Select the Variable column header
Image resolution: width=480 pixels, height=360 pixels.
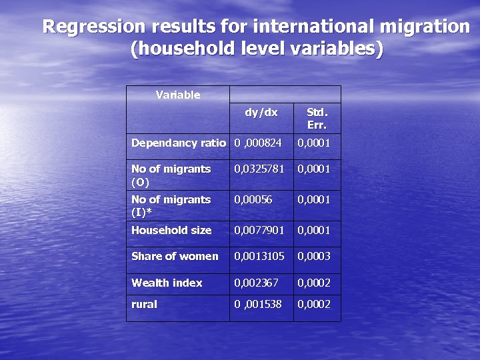click(178, 95)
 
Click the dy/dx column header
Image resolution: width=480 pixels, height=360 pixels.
click(261, 112)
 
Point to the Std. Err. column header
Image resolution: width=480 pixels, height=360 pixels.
click(317, 118)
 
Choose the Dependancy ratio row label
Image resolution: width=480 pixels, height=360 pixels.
click(178, 143)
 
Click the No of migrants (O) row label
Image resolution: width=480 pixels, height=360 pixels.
click(171, 175)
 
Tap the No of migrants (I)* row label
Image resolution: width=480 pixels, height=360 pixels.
click(171, 205)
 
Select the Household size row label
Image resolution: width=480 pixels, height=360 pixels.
click(171, 230)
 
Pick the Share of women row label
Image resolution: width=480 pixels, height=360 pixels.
click(175, 256)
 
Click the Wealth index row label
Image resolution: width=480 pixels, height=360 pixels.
click(167, 283)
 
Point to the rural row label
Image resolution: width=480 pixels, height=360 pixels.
click(145, 304)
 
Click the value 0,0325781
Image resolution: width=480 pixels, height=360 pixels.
click(259, 169)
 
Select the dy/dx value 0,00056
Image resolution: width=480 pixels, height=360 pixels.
click(253, 199)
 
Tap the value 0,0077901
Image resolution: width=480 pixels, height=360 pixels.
click(259, 230)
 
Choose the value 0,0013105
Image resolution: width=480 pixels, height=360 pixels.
click(259, 256)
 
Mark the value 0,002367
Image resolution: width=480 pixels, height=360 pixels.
click(256, 283)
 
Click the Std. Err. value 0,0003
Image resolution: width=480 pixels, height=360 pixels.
click(314, 256)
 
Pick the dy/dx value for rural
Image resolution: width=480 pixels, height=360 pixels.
click(258, 304)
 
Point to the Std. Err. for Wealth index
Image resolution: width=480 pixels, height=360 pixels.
click(314, 283)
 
